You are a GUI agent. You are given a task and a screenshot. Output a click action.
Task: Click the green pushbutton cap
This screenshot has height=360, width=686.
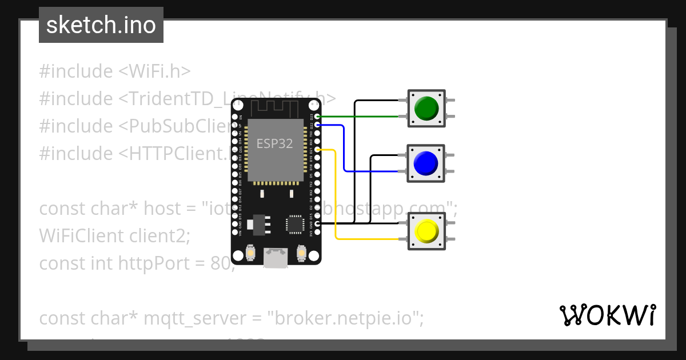(426, 108)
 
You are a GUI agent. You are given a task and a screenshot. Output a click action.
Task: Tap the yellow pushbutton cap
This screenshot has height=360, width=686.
(426, 231)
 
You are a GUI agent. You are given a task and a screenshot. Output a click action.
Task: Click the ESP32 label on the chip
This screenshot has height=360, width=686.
(274, 143)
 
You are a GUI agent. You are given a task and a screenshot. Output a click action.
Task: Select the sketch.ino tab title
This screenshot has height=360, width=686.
(101, 25)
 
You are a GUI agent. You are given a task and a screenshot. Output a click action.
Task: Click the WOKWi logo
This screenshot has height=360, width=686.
(607, 315)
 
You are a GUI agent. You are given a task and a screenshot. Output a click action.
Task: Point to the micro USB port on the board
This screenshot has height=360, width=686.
(276, 258)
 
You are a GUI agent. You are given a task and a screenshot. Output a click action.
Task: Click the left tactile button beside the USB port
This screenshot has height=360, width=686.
(250, 252)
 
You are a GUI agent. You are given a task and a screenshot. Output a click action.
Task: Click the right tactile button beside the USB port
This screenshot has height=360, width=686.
(301, 252)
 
